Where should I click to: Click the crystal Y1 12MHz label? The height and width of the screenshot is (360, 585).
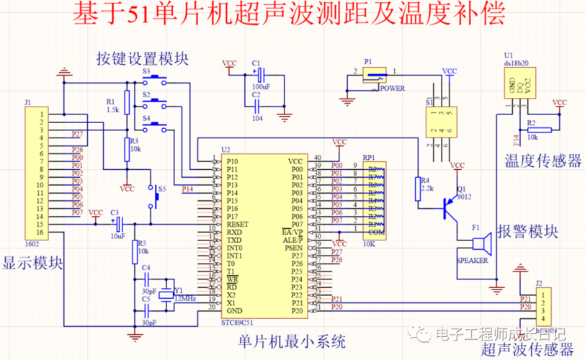pyautogui.click(x=184, y=297)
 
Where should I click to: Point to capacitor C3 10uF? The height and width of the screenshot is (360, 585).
pyautogui.click(x=119, y=224)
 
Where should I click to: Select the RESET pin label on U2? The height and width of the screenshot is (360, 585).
pyautogui.click(x=237, y=224)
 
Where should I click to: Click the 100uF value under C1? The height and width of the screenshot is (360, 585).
pyautogui.click(x=261, y=86)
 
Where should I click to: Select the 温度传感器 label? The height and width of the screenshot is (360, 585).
pyautogui.click(x=542, y=159)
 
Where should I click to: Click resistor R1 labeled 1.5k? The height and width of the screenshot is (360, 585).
pyautogui.click(x=127, y=102)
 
